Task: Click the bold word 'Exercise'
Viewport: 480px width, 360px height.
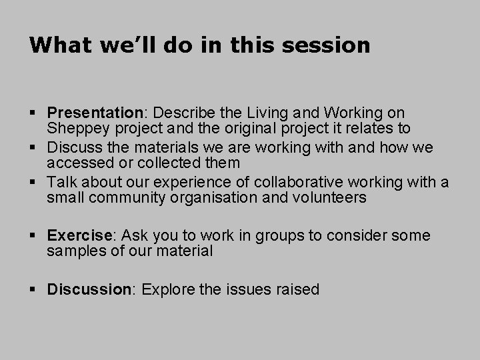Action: (80, 236)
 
